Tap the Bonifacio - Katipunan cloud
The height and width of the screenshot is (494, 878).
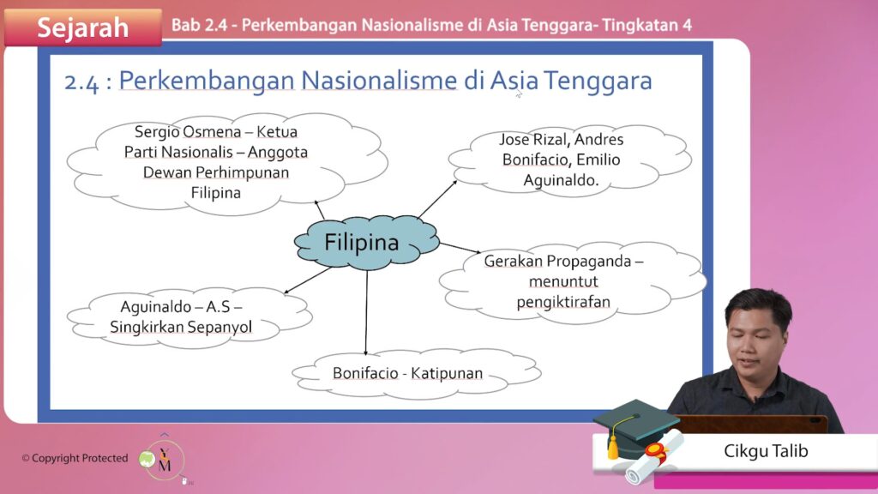(x=416, y=374)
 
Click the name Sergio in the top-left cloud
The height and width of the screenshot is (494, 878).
(x=157, y=131)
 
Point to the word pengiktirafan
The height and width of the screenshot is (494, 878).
(x=563, y=303)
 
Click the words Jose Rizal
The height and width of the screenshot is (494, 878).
(x=532, y=139)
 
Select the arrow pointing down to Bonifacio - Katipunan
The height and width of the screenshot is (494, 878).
(x=366, y=312)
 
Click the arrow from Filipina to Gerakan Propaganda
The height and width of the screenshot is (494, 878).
(x=460, y=248)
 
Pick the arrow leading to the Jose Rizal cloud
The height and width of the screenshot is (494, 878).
(x=437, y=199)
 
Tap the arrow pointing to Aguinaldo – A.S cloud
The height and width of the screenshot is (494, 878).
(x=308, y=280)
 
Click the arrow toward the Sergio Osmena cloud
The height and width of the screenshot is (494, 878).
(x=319, y=209)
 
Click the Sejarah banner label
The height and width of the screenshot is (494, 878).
(x=83, y=27)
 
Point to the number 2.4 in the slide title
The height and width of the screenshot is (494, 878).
(x=81, y=82)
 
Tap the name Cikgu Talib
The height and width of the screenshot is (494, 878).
(x=766, y=451)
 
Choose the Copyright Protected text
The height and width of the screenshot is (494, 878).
(x=75, y=458)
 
